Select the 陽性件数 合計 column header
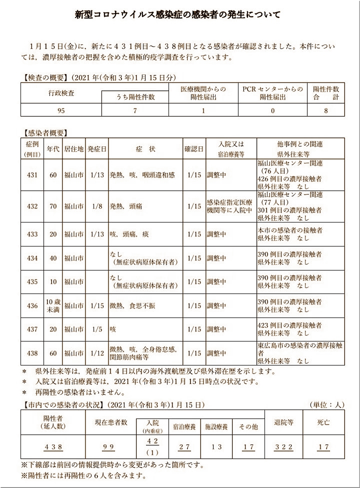click(x=325, y=93)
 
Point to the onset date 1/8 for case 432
click(x=96, y=205)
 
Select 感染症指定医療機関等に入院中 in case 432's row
click(x=229, y=205)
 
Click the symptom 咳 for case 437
click(x=113, y=329)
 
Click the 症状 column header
click(x=145, y=149)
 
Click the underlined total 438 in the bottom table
click(x=52, y=447)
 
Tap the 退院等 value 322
click(x=284, y=447)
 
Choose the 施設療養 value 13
click(x=216, y=447)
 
